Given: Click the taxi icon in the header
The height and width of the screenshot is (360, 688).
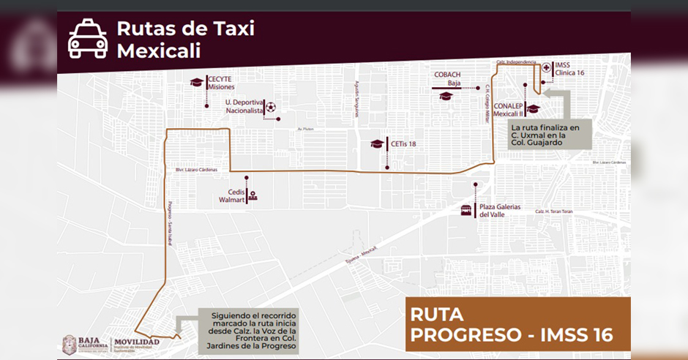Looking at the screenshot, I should (88, 39).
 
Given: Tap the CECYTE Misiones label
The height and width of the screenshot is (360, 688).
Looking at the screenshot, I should (222, 83).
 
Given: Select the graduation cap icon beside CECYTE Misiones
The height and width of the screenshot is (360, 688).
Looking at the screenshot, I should (196, 83).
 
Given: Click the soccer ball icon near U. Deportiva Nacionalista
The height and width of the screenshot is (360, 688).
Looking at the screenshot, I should (271, 107).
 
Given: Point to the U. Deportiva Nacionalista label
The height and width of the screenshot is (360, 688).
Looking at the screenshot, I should (244, 107).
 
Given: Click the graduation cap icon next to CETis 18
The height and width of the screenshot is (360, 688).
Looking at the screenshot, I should (376, 144).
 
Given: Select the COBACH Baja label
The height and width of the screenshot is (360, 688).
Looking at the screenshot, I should (447, 79).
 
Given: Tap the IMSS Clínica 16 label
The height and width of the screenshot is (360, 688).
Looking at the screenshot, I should (570, 69).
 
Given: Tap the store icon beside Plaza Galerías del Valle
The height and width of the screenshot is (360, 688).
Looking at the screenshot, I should (466, 211).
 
